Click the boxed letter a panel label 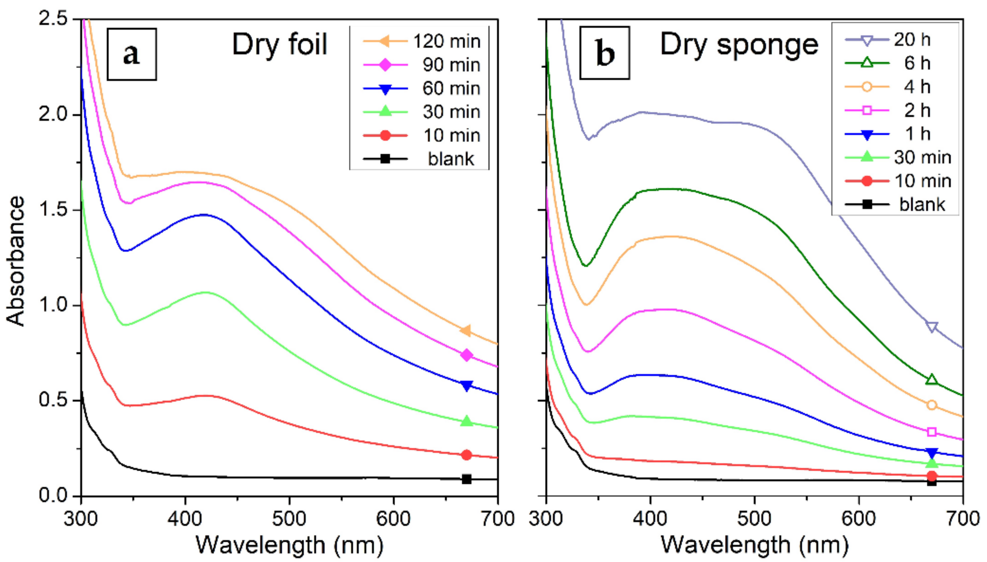pos(131,54)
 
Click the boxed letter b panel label pos(604,53)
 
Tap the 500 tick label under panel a pos(289,518)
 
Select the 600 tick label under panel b pos(859,518)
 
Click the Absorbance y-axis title pos(16,261)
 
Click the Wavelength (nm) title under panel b pos(754,545)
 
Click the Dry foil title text pos(280,45)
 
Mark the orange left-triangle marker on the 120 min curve pos(466,330)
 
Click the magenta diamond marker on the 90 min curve pos(467,355)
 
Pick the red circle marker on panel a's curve pos(467,455)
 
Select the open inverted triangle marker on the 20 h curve pos(932,327)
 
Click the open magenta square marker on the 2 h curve pos(932,432)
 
